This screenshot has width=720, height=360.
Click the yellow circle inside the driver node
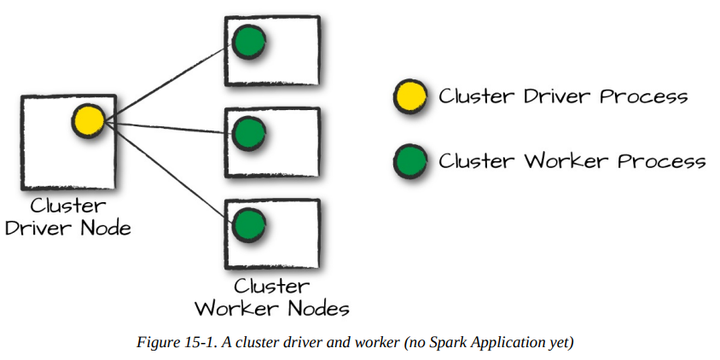88,120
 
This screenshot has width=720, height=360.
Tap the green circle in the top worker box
248,40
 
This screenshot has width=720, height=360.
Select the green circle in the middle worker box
248,132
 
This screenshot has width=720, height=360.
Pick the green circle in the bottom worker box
248,224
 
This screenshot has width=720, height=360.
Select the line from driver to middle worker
166,127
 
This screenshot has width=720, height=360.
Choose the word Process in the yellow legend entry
643,96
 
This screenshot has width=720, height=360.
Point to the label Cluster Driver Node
68,217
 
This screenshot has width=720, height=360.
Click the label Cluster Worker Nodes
272,296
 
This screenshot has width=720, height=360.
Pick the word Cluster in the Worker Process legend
474,160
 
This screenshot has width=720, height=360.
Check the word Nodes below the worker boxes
316,307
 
